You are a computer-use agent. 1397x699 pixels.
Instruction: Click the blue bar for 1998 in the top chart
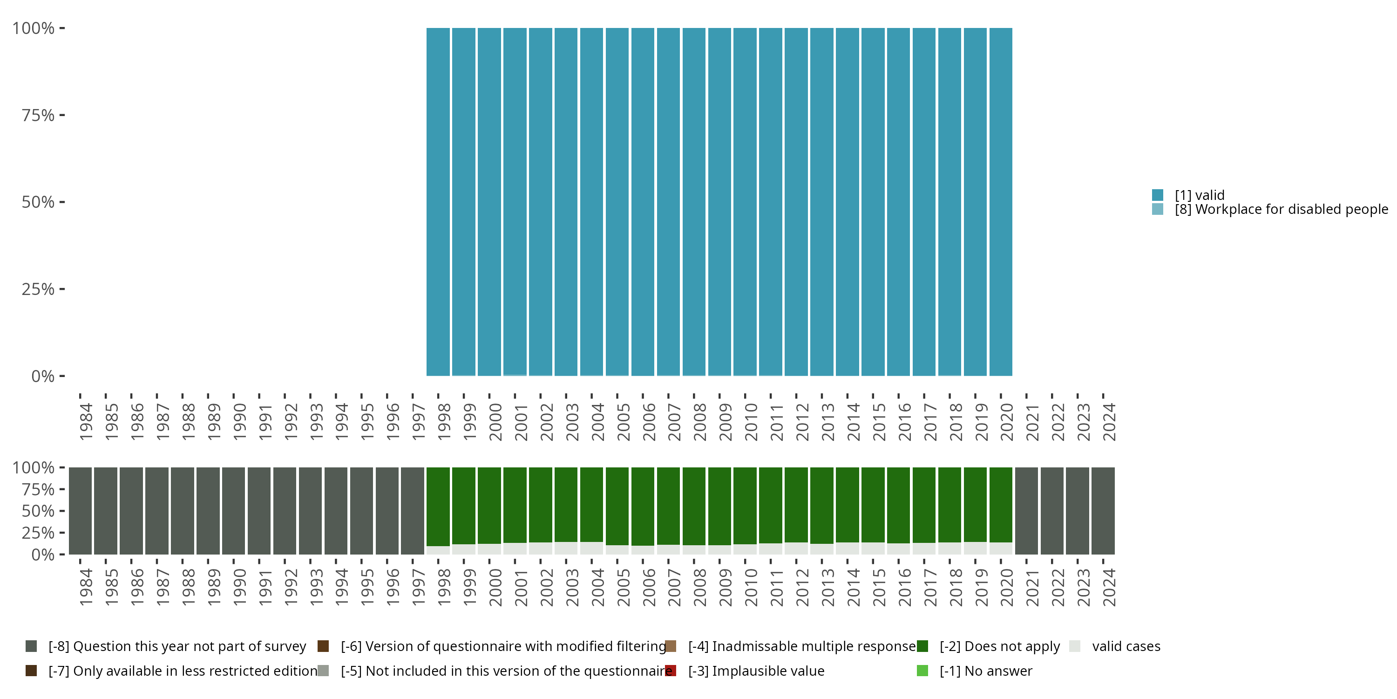point(438,201)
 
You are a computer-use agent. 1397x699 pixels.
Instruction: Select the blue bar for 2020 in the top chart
point(1001,201)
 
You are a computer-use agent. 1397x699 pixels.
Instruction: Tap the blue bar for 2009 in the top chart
point(719,201)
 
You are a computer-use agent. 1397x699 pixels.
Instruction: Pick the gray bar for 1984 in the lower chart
point(80,511)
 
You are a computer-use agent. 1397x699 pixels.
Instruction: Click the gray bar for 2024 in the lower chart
point(1103,511)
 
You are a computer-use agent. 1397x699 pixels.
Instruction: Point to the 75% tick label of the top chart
point(38,115)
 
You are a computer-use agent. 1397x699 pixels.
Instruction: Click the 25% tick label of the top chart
point(38,289)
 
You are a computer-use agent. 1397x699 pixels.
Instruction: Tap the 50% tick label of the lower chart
point(38,511)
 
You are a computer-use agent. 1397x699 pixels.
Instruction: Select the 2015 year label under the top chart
point(879,422)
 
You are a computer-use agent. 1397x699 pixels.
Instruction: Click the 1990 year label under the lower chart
point(239,587)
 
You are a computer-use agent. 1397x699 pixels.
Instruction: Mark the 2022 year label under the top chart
point(1058,422)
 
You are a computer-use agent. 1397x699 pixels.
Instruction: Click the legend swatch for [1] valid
point(1157,195)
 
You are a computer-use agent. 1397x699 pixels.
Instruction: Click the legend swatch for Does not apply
point(922,646)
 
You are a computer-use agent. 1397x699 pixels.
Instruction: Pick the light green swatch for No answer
point(922,671)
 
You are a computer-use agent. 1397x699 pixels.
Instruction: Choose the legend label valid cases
point(1126,646)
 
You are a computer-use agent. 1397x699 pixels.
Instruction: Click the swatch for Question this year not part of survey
point(31,646)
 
